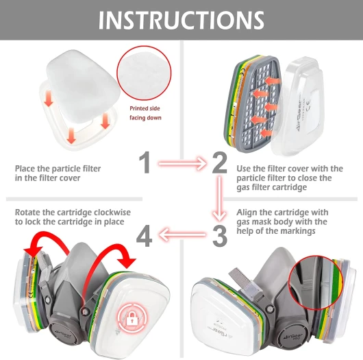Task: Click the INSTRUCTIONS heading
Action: click(x=181, y=20)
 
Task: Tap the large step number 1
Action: click(x=145, y=163)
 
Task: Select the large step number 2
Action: click(x=219, y=163)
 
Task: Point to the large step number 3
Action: click(x=219, y=236)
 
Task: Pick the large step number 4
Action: click(x=145, y=237)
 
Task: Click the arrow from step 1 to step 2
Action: click(x=182, y=164)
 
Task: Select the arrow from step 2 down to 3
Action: click(x=219, y=199)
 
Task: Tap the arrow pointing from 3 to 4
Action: click(x=182, y=235)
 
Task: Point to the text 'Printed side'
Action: click(x=145, y=108)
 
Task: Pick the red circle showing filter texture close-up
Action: click(x=144, y=73)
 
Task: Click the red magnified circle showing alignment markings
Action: click(x=316, y=283)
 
